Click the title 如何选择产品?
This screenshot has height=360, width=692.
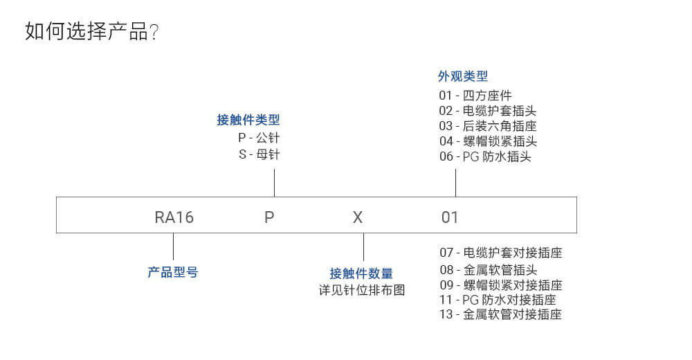(x=91, y=31)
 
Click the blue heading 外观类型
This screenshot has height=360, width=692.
(x=463, y=76)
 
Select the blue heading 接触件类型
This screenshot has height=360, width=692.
(x=248, y=120)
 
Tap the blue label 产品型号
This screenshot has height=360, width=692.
(x=172, y=272)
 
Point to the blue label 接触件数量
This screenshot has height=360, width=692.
(x=361, y=273)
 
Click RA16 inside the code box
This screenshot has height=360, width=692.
(x=174, y=217)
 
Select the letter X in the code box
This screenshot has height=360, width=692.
(x=358, y=217)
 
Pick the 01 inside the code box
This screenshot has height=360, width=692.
(x=450, y=217)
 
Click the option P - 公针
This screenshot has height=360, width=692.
(x=259, y=138)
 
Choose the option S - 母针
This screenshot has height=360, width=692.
(x=259, y=154)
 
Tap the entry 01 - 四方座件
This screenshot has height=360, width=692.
(x=475, y=96)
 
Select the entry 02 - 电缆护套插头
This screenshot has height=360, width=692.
(x=488, y=111)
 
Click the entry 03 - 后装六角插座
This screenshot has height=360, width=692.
(x=488, y=126)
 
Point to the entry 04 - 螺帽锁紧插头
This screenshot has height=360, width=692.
(x=488, y=141)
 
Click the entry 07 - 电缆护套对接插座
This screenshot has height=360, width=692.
(x=501, y=253)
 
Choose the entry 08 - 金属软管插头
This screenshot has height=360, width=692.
(x=489, y=269)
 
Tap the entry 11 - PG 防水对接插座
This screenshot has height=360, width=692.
(x=498, y=300)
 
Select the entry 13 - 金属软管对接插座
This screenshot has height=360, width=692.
(x=500, y=314)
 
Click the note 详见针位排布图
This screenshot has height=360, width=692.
(x=362, y=290)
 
